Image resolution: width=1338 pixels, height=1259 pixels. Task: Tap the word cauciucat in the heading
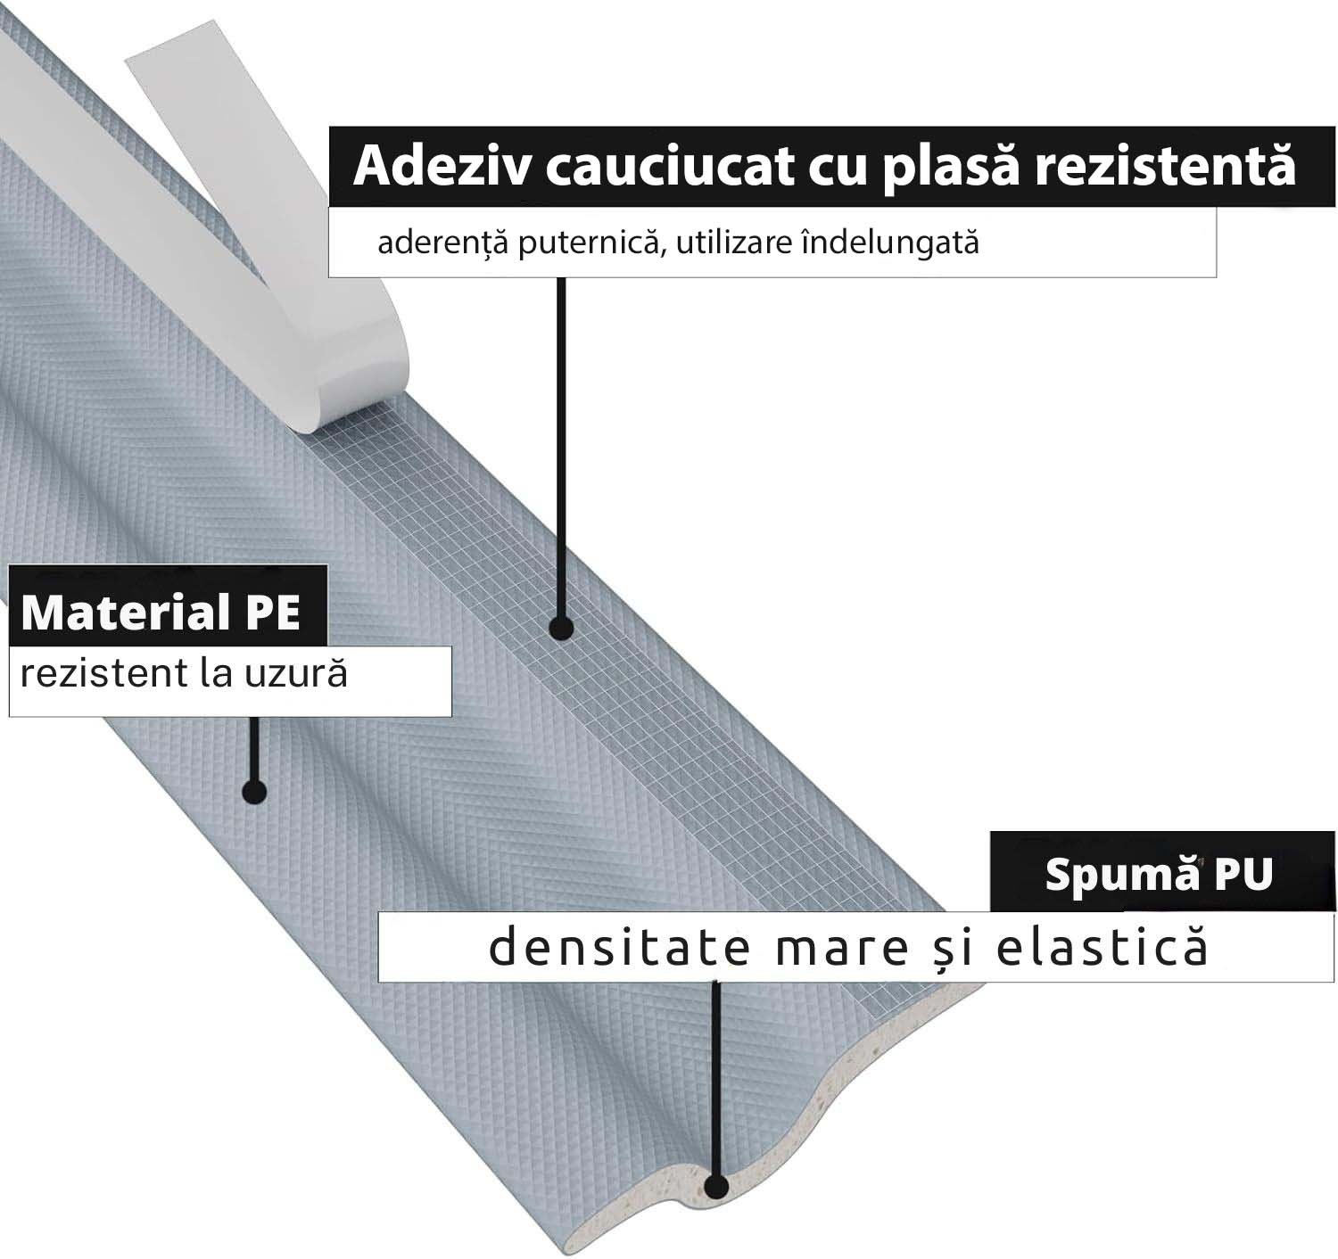[669, 167]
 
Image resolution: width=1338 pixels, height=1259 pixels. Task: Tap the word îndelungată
[890, 243]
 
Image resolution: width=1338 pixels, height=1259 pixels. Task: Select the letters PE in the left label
[273, 613]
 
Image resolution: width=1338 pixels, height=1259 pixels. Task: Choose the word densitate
[619, 946]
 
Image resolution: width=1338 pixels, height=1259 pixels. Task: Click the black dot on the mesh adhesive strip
[561, 628]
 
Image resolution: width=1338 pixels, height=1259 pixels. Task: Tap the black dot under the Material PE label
[254, 792]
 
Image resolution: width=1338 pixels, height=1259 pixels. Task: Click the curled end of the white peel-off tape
[351, 391]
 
